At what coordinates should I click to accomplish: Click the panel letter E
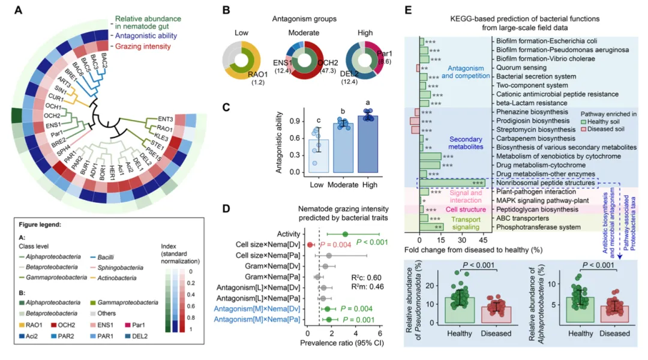[408, 10]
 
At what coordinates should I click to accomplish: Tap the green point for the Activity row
[344, 234]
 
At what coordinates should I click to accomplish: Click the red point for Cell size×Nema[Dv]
[310, 245]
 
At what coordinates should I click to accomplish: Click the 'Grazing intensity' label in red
[142, 46]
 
